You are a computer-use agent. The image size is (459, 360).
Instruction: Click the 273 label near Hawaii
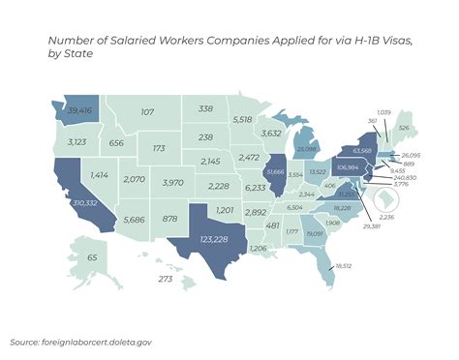pyautogui.click(x=165, y=279)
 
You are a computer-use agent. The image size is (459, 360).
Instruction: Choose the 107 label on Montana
pyautogui.click(x=147, y=112)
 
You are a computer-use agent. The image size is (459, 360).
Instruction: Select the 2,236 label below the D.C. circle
pyautogui.click(x=413, y=218)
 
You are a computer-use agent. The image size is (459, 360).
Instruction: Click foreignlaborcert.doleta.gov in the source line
pyautogui.click(x=97, y=342)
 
